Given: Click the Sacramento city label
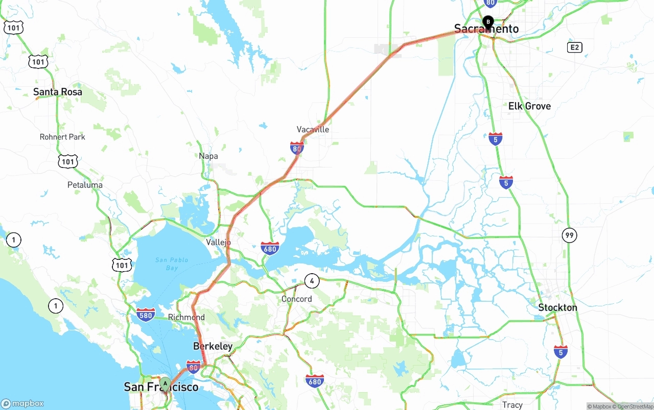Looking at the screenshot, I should click(x=486, y=29).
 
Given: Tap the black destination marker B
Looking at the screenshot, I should click(x=488, y=22).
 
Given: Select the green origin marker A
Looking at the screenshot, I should click(x=165, y=383).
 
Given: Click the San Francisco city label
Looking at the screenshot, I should click(x=160, y=388).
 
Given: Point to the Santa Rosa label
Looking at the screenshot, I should click(x=57, y=92).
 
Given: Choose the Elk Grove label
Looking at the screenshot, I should click(x=529, y=106).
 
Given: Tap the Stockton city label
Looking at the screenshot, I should click(x=557, y=308).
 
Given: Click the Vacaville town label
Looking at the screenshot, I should click(x=313, y=130).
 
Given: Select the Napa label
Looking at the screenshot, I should click(x=208, y=156).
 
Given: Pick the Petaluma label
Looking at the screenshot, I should click(x=85, y=185).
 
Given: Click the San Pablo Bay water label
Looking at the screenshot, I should click(x=172, y=264).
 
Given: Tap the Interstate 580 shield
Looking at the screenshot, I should click(x=146, y=315).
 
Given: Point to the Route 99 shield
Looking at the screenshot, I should click(x=569, y=235).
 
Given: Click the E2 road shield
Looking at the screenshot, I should click(x=575, y=47).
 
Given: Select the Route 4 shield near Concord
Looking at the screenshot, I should click(x=312, y=280).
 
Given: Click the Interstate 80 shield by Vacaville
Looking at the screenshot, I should click(x=297, y=148).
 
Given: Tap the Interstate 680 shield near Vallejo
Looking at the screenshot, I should click(x=270, y=248).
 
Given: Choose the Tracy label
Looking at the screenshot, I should click(x=512, y=405).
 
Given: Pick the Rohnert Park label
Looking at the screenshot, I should click(x=62, y=137).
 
